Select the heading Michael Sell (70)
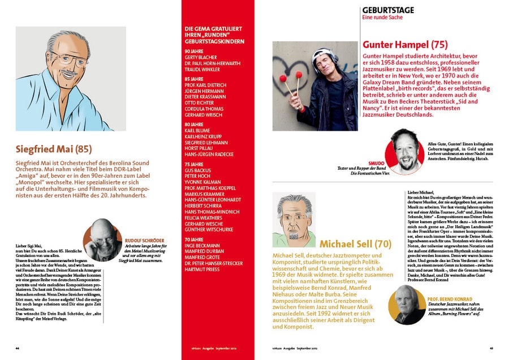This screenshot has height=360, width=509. point(355,244)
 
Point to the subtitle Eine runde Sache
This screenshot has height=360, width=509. point(385,18)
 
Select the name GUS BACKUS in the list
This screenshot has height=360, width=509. point(197,170)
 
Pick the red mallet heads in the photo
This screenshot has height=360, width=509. point(298,75)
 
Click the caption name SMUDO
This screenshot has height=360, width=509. point(376,162)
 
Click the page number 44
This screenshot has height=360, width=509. point(18,349)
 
